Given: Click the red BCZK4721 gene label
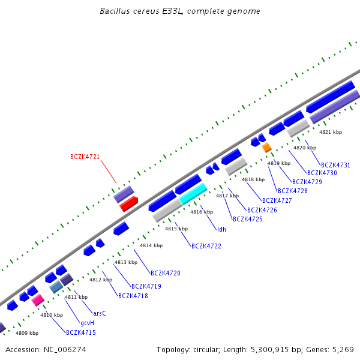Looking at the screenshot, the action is coord(85,157).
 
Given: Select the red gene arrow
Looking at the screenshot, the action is coord(129,205).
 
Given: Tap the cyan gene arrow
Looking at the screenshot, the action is coord(193,193).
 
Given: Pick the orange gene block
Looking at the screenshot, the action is coord(267,147).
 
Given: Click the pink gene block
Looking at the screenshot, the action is coord(38,299).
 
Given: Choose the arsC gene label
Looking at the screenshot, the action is coord(100,313).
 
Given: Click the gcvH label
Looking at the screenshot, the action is coord(87,323).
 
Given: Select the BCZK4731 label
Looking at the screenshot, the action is coord(335,165).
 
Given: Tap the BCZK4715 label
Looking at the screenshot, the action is coord(80,332).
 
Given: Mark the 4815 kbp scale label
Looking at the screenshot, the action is coord(176,229).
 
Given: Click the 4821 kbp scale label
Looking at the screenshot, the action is coord(330,132).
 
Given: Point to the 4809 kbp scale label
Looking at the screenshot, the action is coord(27,333).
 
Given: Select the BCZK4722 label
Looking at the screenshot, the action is coord(206,247).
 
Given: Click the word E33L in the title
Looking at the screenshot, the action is coord(172,11).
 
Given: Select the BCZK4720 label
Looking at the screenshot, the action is coord(165,274).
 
